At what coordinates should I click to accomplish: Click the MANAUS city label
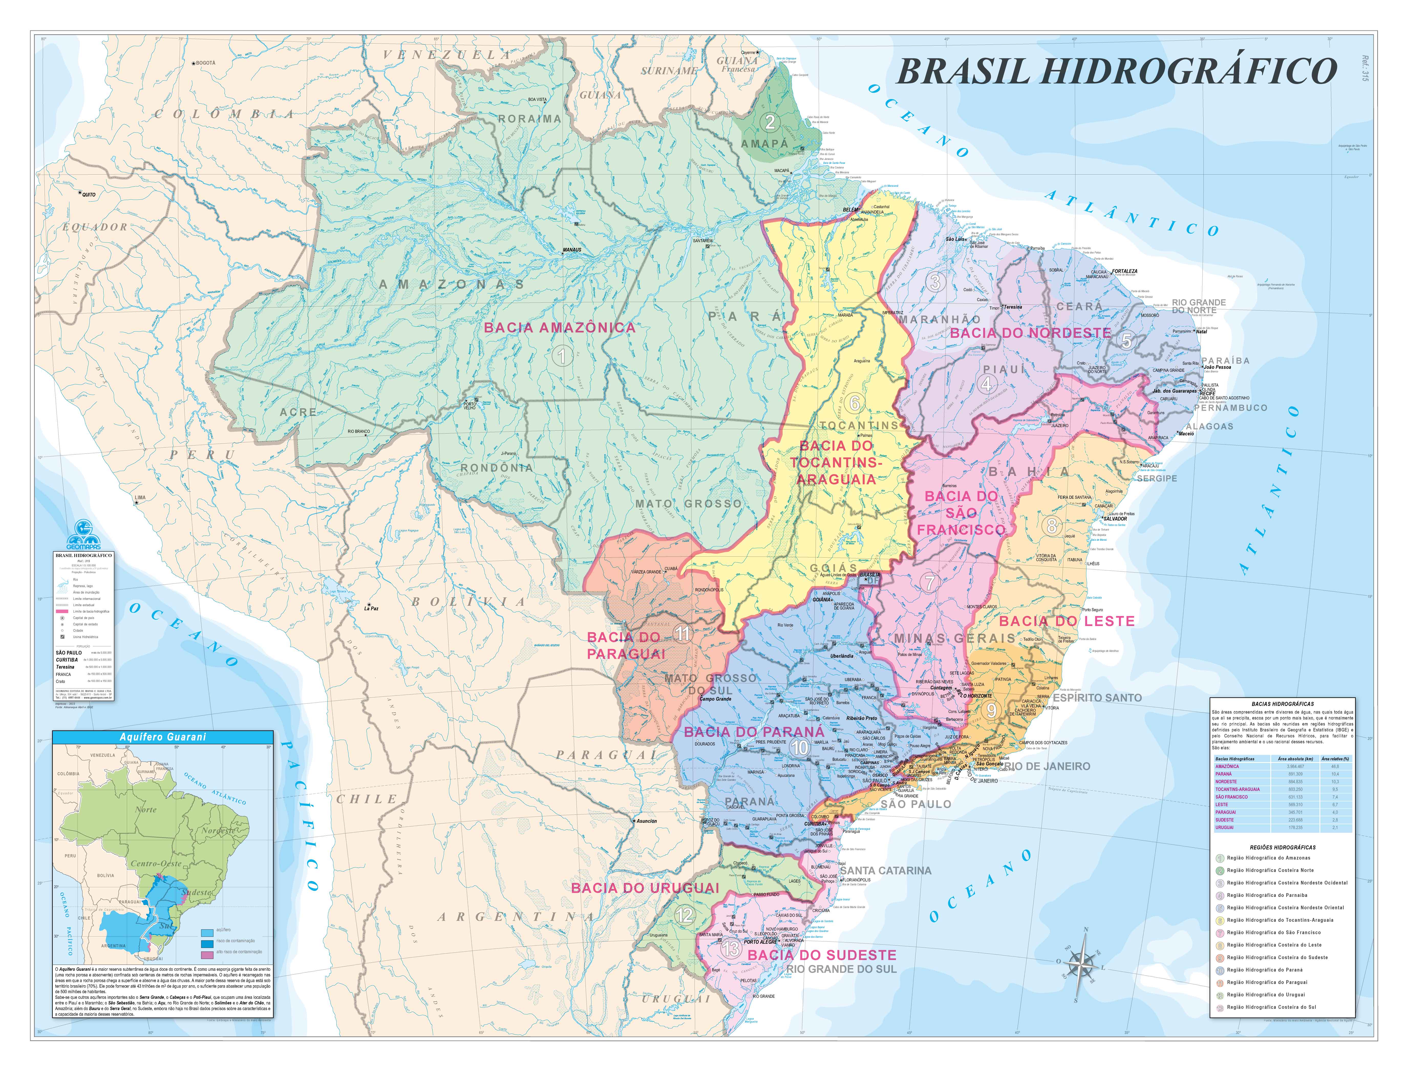(x=572, y=250)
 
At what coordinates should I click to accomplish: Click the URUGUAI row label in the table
(x=1224, y=828)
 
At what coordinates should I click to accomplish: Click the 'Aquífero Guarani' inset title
(x=163, y=737)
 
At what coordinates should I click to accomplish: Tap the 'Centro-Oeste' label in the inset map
(x=156, y=864)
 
